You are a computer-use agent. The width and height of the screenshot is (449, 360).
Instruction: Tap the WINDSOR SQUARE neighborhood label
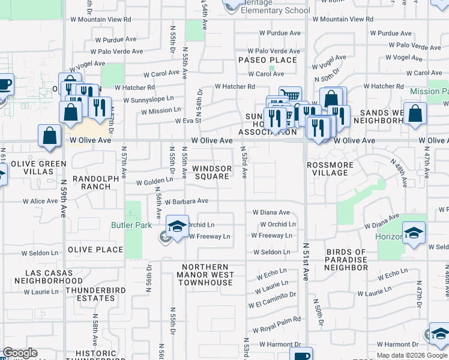(211, 172)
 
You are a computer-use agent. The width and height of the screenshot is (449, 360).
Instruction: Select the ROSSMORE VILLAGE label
(327, 169)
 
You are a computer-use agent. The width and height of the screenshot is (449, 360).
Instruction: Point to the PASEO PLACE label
(267, 60)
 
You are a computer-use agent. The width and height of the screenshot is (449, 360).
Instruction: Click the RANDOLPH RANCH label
(92, 182)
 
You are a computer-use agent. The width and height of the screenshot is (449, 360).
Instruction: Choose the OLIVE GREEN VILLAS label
(37, 168)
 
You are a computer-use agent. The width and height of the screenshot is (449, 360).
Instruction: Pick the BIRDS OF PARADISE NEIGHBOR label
(345, 256)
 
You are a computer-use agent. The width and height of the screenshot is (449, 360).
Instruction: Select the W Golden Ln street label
(155, 182)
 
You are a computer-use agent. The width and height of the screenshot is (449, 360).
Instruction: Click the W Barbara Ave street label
(186, 202)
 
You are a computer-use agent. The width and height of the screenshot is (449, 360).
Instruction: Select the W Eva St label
(187, 121)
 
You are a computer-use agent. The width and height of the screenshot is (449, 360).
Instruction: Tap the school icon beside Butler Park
(177, 227)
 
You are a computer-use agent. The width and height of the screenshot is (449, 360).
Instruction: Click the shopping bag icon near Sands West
(415, 115)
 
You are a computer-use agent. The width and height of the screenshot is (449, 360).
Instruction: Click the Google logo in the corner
(20, 353)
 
